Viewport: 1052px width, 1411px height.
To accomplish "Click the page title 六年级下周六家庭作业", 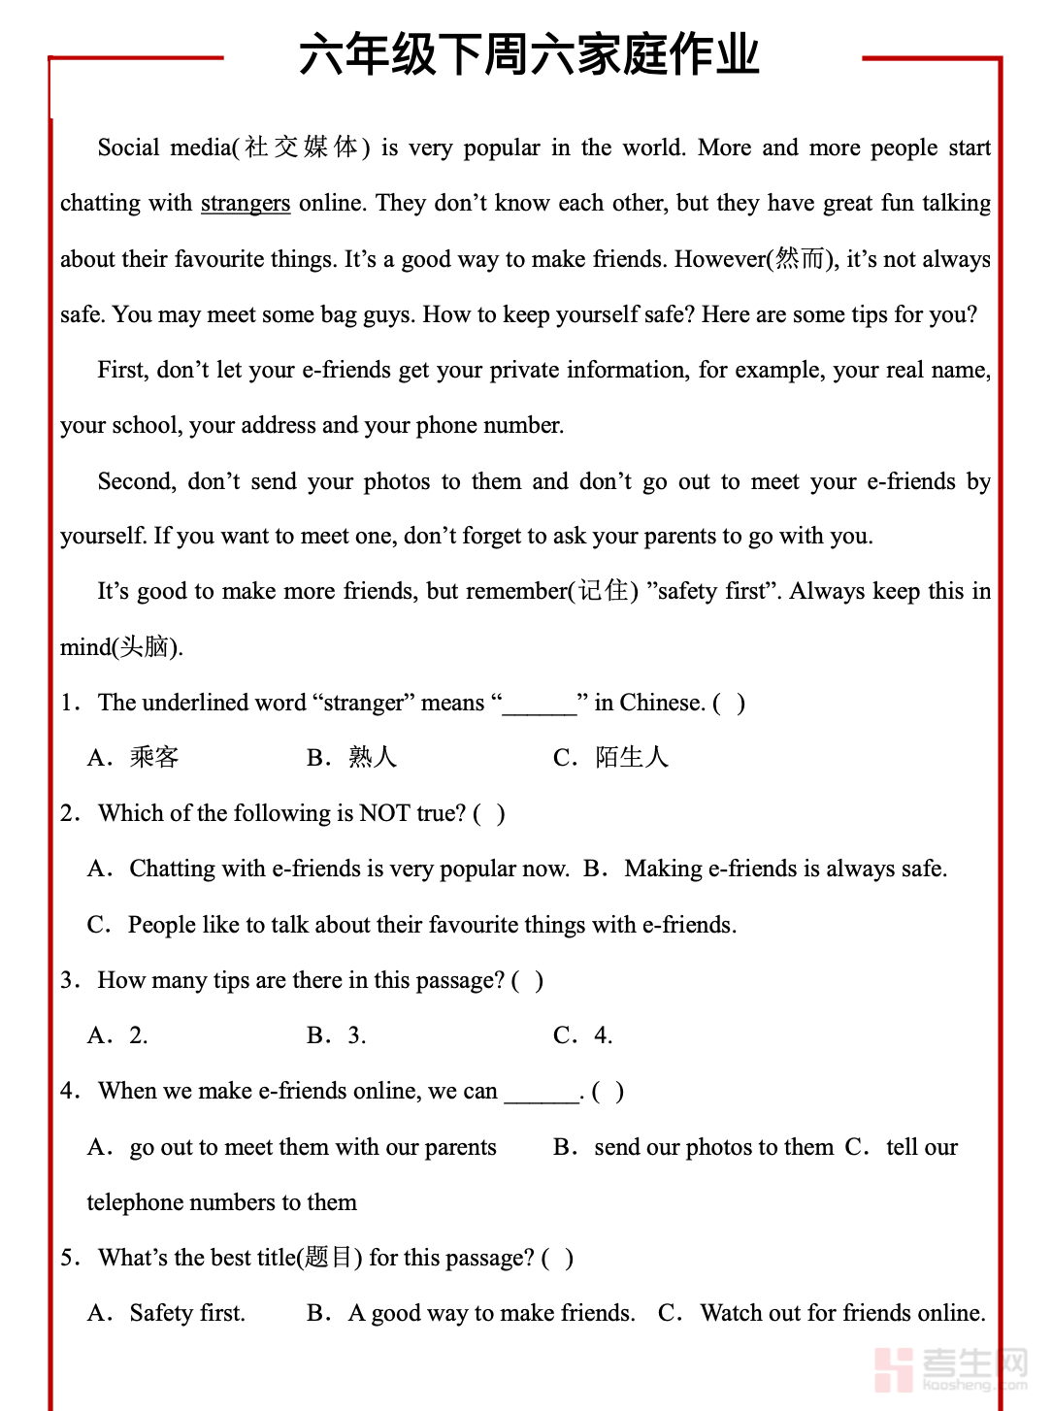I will tap(529, 54).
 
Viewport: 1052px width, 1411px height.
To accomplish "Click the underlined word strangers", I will tap(246, 203).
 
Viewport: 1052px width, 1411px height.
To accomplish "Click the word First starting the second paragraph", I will tap(122, 370).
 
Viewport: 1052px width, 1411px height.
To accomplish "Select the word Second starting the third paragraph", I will tap(136, 481).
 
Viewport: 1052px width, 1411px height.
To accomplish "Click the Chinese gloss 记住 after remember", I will tap(603, 591).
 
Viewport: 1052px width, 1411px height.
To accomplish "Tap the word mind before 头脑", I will tap(85, 647).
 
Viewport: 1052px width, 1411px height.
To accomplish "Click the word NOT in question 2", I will tap(384, 813).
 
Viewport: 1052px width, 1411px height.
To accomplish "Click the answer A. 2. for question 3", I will tap(118, 1035).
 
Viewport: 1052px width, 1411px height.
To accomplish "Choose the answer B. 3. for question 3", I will tap(337, 1035).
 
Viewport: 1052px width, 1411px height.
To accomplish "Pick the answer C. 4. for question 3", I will tap(583, 1035).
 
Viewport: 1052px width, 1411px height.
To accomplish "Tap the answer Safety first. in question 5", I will tap(186, 1313).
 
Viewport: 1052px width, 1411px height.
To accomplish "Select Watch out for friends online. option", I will tap(842, 1313).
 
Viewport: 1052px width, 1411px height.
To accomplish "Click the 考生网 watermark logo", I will tap(950, 1368).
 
